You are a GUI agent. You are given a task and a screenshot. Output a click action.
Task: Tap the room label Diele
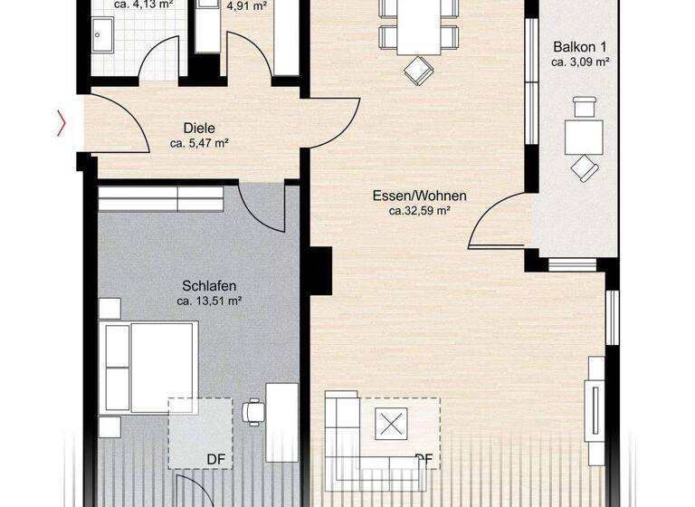198,129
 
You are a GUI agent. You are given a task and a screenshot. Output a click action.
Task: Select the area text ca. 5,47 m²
198,143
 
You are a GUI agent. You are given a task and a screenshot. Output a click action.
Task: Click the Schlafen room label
208,286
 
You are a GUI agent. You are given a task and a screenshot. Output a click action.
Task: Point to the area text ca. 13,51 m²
208,301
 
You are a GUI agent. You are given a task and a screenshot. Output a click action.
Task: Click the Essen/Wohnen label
419,196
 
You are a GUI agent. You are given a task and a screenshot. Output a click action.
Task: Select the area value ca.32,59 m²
419,210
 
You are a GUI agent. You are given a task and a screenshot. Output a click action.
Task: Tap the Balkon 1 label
580,47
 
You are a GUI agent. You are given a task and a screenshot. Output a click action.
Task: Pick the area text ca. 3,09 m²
580,62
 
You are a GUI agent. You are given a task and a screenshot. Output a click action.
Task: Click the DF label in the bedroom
215,459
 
